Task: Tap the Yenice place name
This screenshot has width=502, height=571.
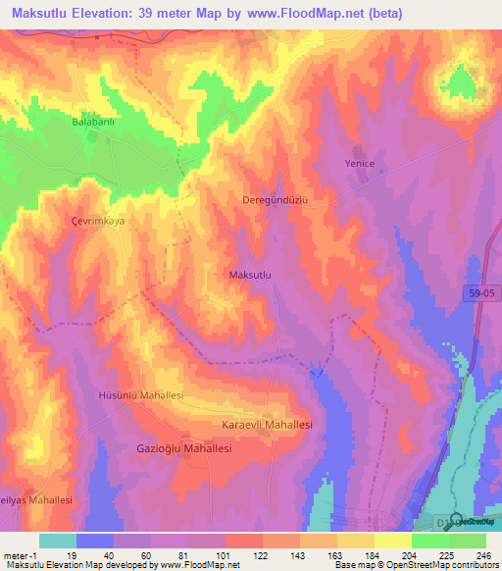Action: coord(360,163)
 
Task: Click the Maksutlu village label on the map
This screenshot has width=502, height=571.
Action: coord(249,276)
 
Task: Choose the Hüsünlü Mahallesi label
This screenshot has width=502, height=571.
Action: coord(141,394)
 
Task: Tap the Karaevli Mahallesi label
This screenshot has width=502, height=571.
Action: coord(267,425)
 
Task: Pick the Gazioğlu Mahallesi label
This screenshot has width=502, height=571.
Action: coord(182,447)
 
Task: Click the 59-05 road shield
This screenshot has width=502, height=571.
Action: coord(477,293)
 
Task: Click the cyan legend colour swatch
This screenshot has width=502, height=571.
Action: coord(58,541)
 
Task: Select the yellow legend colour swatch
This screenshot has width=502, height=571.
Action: coord(393,541)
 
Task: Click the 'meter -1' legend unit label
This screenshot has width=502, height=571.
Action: coord(20,554)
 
